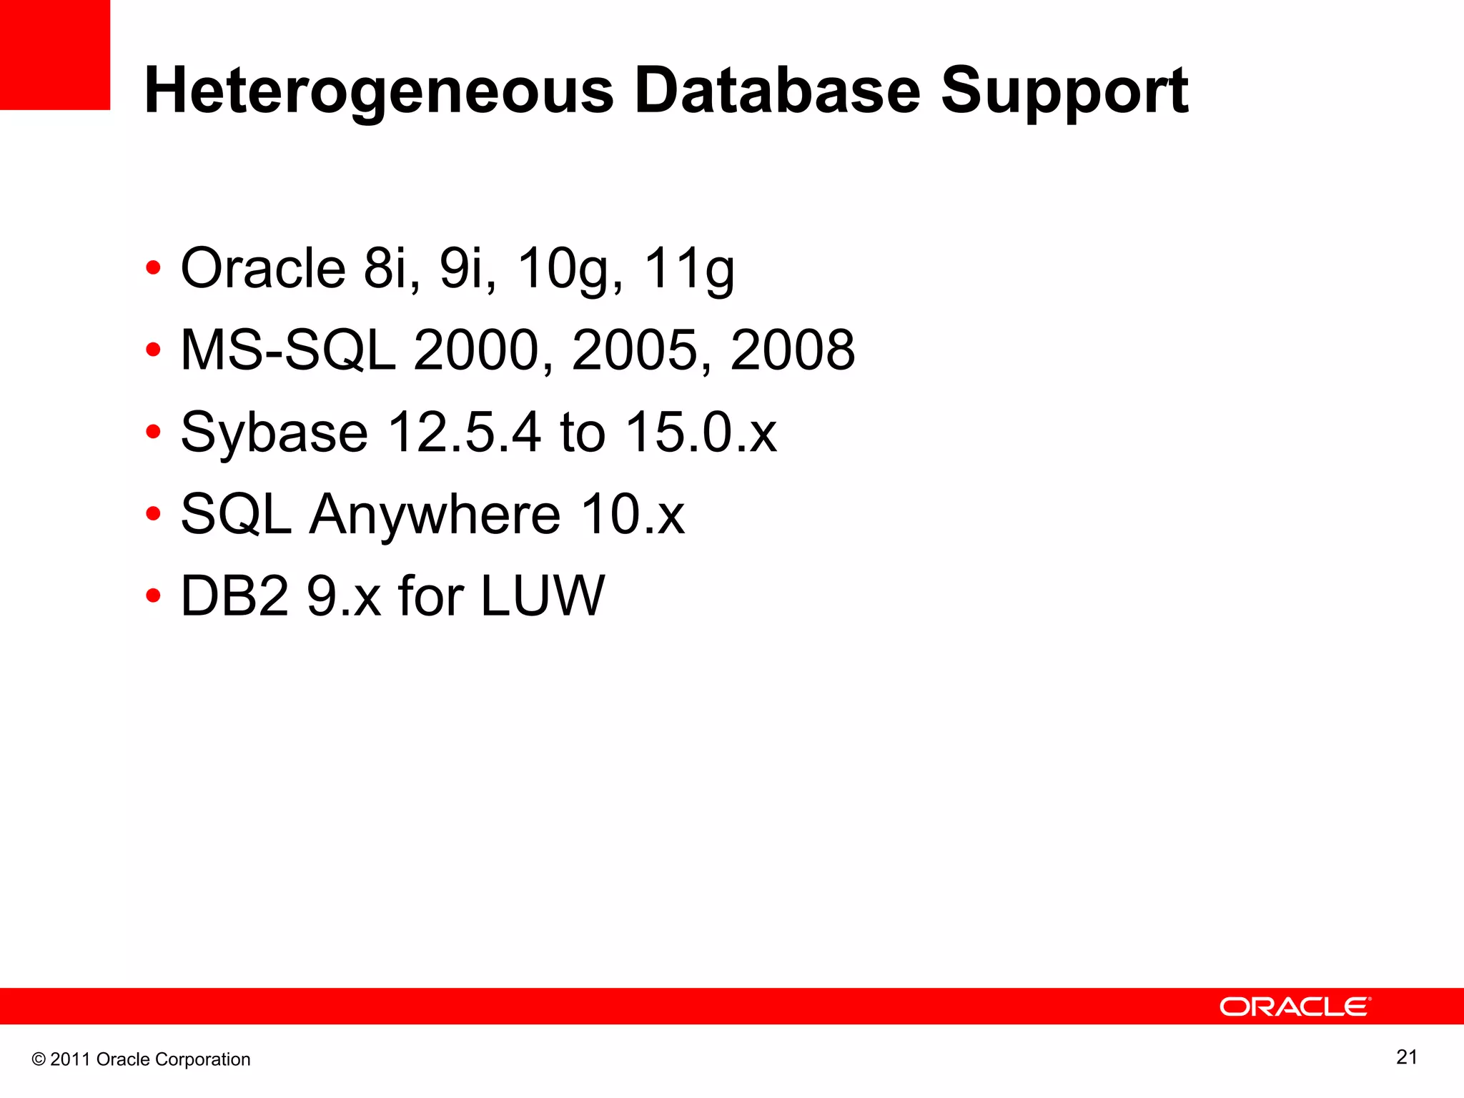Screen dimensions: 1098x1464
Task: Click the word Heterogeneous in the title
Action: click(x=379, y=91)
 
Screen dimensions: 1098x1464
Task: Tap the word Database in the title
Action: click(x=777, y=91)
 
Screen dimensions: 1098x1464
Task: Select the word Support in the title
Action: click(x=1064, y=91)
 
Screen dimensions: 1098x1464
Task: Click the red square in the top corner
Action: click(x=54, y=54)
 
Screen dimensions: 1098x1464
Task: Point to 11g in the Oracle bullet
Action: click(x=689, y=269)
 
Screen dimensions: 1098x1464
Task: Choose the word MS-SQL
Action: click(x=288, y=350)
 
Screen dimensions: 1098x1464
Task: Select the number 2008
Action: click(x=793, y=350)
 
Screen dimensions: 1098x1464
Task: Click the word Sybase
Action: click(x=274, y=432)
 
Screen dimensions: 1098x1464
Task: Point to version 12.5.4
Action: click(x=464, y=432)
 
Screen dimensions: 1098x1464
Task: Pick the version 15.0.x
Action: click(x=701, y=432)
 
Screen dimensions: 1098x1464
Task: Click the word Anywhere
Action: click(x=435, y=514)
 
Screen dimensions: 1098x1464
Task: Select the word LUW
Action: click(x=542, y=595)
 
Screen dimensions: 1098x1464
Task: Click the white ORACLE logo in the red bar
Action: click(x=1295, y=1006)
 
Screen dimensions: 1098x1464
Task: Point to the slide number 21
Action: click(x=1406, y=1057)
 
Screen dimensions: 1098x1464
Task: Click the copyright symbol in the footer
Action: click(x=39, y=1059)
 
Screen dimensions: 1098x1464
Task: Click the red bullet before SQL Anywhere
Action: click(x=152, y=514)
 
